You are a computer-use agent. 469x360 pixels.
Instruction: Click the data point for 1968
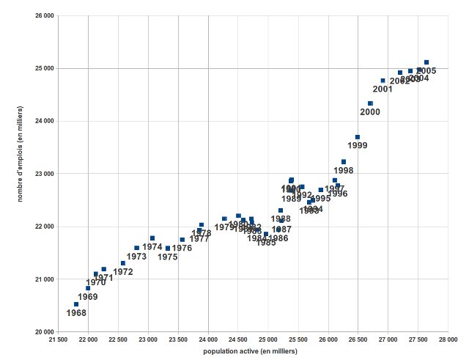[76, 304]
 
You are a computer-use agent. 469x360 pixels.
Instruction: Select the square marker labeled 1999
[358, 137]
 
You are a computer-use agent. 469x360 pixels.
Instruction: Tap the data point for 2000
[371, 103]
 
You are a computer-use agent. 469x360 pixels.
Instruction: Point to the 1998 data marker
[344, 162]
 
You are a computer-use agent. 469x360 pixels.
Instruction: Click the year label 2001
[383, 89]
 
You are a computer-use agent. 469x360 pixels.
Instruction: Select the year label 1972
[123, 272]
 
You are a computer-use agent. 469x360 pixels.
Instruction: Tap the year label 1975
[168, 257]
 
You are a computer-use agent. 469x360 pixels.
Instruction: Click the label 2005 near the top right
[426, 71]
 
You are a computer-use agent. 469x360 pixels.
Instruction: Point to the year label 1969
[88, 297]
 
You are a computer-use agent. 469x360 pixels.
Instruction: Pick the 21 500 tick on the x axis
[59, 340]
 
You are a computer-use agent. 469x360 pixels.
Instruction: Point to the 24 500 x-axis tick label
[238, 340]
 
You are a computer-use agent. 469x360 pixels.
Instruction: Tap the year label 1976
[182, 249]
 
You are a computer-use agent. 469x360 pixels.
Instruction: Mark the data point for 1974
[152, 238]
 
